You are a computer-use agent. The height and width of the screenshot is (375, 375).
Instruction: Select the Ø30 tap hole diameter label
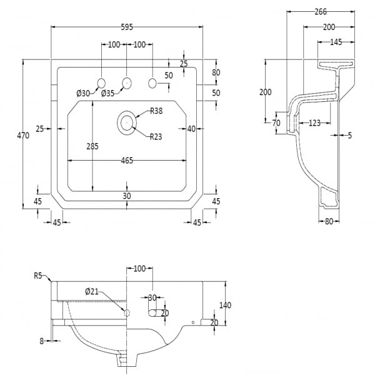[x=83, y=94]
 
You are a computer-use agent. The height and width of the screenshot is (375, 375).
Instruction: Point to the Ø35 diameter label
[x=107, y=94]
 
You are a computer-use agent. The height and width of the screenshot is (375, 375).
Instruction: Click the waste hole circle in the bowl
[x=127, y=122]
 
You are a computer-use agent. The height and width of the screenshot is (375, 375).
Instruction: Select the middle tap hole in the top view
[x=127, y=82]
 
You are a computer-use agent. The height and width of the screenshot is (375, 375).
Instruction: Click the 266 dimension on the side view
[x=321, y=11]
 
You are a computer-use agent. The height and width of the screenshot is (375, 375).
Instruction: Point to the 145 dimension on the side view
[x=336, y=42]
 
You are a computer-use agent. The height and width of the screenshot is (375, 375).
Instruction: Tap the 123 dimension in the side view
[x=314, y=123]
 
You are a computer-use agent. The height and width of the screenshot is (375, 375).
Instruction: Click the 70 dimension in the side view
[x=276, y=123]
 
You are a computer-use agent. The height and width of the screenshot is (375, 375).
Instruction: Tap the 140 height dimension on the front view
[x=225, y=305]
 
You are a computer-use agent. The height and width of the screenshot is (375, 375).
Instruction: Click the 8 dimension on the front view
[x=41, y=341]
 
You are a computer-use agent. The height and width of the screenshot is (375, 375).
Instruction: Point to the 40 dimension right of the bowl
[x=191, y=128]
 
